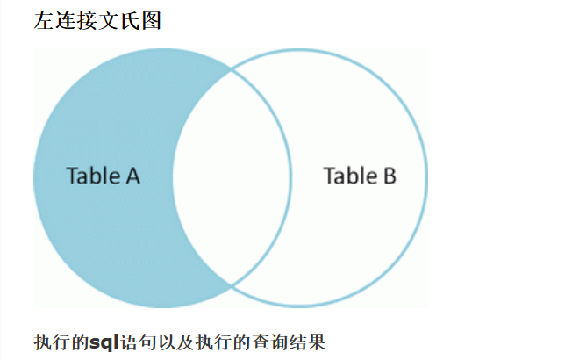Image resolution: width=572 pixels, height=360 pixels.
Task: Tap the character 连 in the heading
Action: click(x=66, y=21)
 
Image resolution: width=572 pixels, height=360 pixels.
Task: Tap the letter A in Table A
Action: click(x=132, y=176)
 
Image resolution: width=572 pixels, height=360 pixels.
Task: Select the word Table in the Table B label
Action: click(x=349, y=176)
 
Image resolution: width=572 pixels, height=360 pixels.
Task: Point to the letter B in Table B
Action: click(x=388, y=176)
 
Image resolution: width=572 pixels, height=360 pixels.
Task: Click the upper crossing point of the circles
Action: click(x=231, y=68)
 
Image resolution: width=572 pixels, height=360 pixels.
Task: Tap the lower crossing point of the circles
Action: click(x=231, y=284)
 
